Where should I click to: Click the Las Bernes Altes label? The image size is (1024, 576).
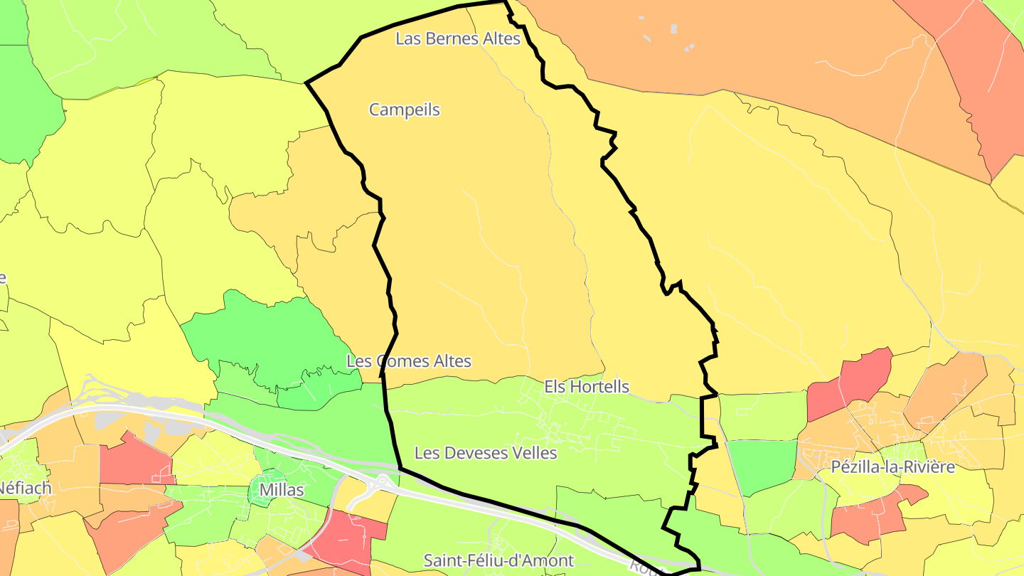point(458,38)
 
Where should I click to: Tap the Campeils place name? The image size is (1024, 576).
point(404,110)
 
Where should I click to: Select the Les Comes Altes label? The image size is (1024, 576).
point(409,361)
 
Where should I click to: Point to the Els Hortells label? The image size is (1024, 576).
point(587,386)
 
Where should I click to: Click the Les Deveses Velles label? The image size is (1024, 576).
point(486,452)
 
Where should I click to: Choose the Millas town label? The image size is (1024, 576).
point(281,490)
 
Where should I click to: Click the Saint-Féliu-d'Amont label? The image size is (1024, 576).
point(498,560)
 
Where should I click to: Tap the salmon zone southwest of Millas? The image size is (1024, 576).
point(128,530)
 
